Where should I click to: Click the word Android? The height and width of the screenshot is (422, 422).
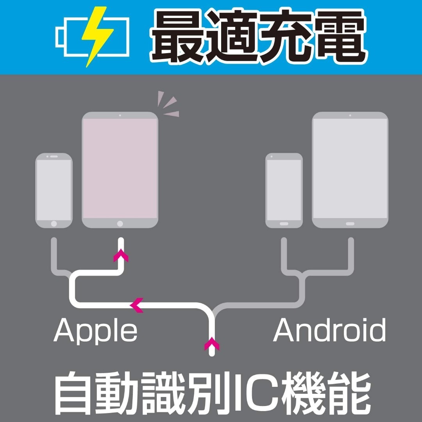click(x=329, y=330)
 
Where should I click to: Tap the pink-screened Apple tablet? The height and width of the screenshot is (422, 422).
click(x=120, y=170)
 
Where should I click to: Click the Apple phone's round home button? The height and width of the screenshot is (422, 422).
click(x=54, y=224)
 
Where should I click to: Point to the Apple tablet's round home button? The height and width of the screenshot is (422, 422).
click(x=120, y=224)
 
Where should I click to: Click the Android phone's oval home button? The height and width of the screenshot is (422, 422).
click(x=284, y=224)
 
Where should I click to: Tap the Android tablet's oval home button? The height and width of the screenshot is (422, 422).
click(x=350, y=224)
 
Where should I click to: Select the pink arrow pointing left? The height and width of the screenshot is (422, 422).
click(x=136, y=305)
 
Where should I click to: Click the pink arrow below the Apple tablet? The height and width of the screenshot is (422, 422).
click(x=121, y=255)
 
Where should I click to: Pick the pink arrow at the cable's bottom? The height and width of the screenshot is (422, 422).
click(x=212, y=343)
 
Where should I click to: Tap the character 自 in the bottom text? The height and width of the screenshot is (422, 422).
click(x=73, y=393)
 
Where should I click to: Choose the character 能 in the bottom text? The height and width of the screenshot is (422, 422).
click(x=350, y=393)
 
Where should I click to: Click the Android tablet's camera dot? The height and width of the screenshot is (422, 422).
click(x=350, y=115)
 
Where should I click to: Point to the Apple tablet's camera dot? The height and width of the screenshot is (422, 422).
click(x=120, y=115)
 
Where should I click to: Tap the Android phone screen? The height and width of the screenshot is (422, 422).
click(x=284, y=190)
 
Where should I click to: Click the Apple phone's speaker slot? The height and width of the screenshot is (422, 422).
click(x=54, y=156)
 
